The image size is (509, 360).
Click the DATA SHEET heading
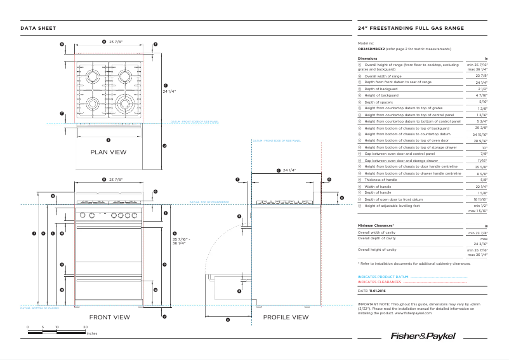(38, 29)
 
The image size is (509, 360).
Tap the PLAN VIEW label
(109, 152)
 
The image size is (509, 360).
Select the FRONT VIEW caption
(109, 316)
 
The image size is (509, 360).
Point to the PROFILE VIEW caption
(286, 317)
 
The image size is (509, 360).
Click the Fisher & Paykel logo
(422, 335)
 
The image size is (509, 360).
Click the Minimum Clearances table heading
(376, 225)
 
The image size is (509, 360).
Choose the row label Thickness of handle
(380, 180)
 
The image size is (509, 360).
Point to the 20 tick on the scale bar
(86, 326)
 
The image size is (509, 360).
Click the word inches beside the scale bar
(91, 333)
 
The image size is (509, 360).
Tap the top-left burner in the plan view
(93, 76)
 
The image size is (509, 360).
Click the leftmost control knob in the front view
(81, 215)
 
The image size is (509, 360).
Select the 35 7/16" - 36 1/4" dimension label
(181, 241)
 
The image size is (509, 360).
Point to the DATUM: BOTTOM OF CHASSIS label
(39, 309)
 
